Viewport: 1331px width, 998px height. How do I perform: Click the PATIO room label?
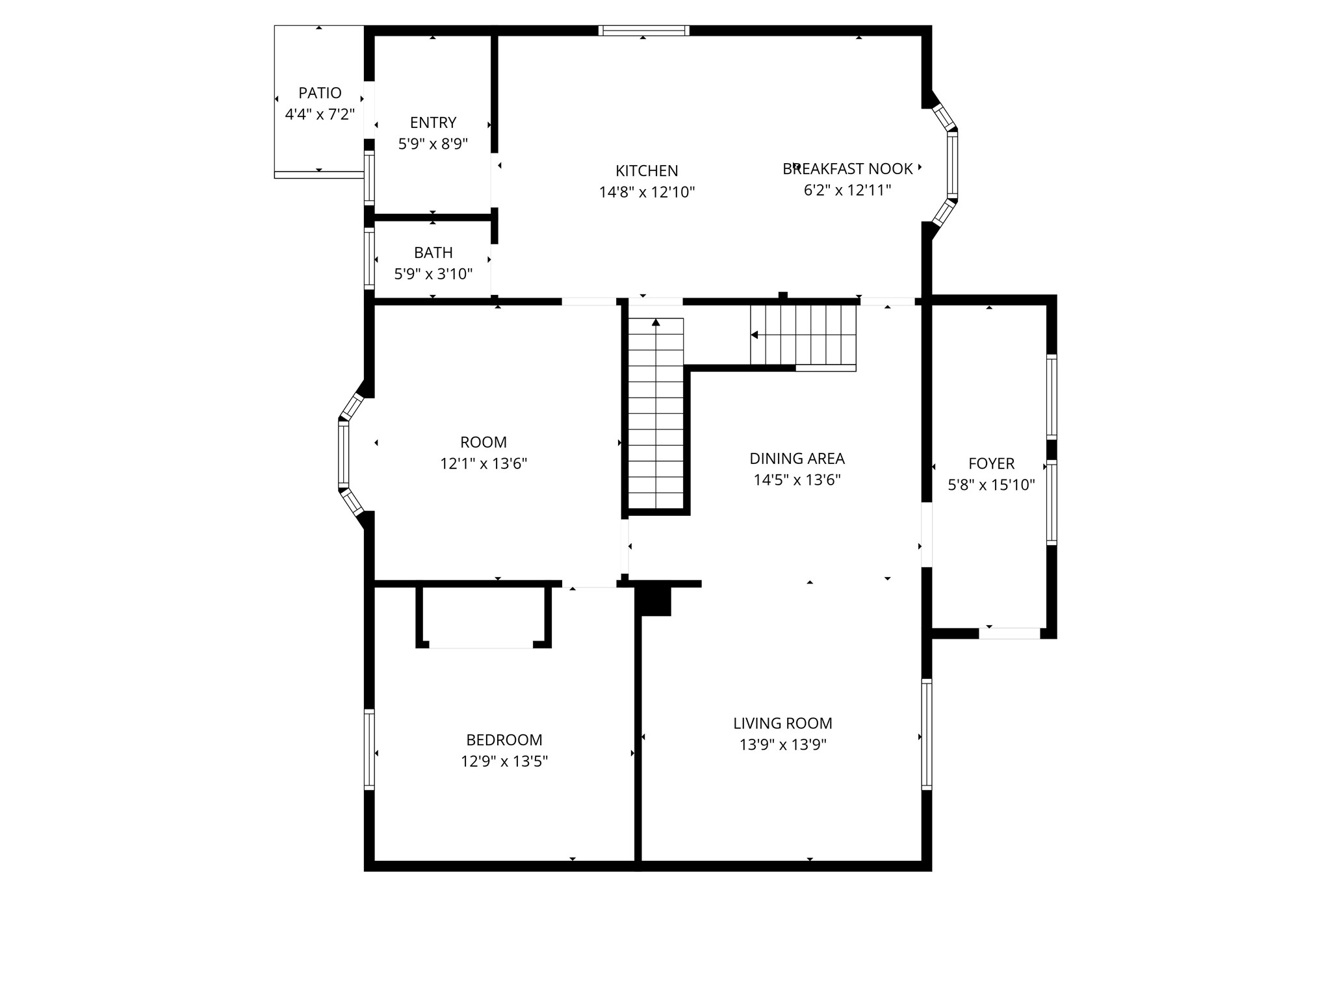[x=320, y=93]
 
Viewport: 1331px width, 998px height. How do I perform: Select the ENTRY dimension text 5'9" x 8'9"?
[x=433, y=144]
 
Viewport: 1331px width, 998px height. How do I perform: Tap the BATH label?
[x=433, y=252]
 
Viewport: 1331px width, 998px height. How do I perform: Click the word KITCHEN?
[x=647, y=171]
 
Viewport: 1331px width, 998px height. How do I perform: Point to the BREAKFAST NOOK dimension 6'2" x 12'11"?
[x=847, y=190]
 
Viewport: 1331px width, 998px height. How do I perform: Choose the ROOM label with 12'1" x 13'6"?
[x=483, y=442]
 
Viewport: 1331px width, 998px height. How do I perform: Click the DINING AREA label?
[x=797, y=459]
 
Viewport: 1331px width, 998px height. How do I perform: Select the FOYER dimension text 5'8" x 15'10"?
[x=991, y=485]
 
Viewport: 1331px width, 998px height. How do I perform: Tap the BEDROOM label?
[x=504, y=740]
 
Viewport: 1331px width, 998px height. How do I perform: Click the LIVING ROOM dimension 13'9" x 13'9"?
[x=782, y=745]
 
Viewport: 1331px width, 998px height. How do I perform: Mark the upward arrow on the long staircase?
[x=656, y=322]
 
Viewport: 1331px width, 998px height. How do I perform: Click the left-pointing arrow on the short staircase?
[x=755, y=335]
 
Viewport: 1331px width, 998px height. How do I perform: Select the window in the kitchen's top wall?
[x=643, y=30]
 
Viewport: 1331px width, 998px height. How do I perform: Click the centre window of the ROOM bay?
[x=343, y=454]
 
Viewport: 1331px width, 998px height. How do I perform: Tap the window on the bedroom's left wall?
[x=369, y=749]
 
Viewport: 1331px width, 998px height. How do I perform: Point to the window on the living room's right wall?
[x=927, y=734]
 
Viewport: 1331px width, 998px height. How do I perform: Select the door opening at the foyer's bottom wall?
[x=1009, y=633]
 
